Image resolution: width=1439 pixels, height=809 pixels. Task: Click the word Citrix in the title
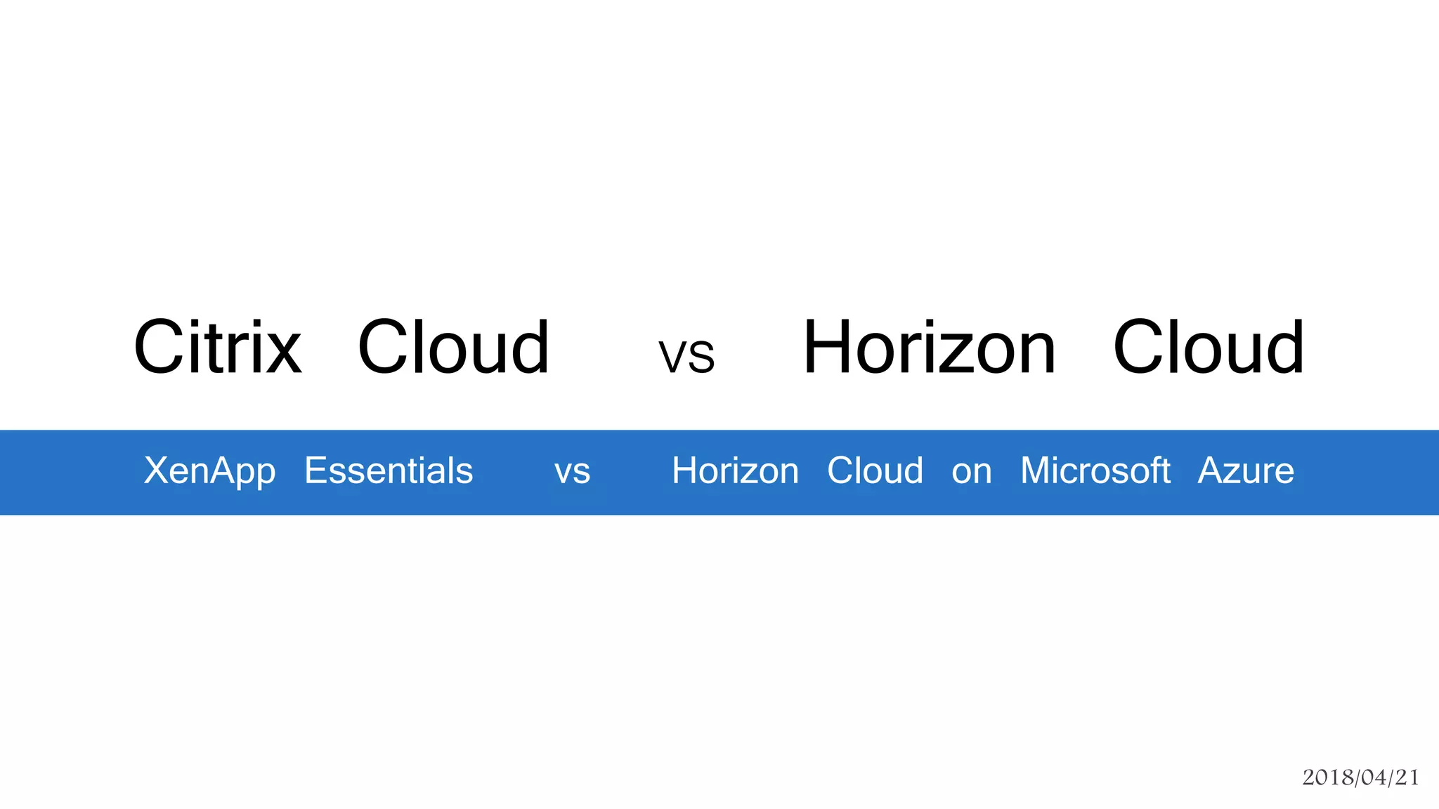coord(218,347)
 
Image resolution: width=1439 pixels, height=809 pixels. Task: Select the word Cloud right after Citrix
coord(453,347)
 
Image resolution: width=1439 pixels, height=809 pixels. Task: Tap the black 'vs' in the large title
coord(686,355)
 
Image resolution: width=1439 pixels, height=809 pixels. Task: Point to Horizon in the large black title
coord(929,347)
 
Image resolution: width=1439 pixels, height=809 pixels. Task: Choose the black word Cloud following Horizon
coord(1209,347)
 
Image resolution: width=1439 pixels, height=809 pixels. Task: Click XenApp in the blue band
coord(209,471)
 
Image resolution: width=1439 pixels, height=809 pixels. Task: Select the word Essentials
coord(389,471)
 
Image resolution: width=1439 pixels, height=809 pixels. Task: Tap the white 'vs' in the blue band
coord(572,472)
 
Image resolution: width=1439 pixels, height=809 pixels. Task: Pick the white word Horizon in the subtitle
coord(735,471)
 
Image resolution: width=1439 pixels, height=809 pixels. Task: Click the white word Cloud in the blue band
coord(875,471)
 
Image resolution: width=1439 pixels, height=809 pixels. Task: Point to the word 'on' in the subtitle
coord(971,472)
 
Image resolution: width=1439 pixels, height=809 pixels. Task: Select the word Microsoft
coord(1095,471)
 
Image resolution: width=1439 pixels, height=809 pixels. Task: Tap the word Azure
coord(1246,471)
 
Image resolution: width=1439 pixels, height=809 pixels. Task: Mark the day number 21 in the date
coord(1407,777)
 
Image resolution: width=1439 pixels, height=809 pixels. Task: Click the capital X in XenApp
coord(156,470)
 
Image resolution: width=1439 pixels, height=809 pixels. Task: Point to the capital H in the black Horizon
coord(828,347)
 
